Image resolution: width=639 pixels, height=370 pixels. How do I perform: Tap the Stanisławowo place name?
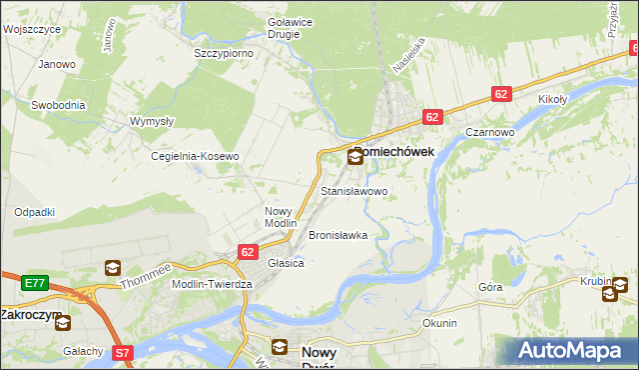coord(353,190)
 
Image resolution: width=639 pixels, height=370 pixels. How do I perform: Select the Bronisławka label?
coord(338,235)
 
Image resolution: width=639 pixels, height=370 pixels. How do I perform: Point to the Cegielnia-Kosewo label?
coord(196,156)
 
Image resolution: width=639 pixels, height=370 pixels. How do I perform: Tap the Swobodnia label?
coord(58,104)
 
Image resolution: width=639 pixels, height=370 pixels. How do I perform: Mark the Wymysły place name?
coord(153,121)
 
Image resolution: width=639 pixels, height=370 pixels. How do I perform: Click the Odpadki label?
coord(34,212)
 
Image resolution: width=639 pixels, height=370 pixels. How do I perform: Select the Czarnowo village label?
coord(489,132)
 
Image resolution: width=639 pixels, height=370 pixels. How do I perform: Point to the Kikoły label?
coord(552,100)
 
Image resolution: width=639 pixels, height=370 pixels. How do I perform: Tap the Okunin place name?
coord(439,323)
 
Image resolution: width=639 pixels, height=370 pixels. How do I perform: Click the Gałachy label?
coord(83,350)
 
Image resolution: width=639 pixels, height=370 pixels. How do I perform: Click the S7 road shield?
coord(122,352)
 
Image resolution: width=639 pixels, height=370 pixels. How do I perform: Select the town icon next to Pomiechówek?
coord(356,157)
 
